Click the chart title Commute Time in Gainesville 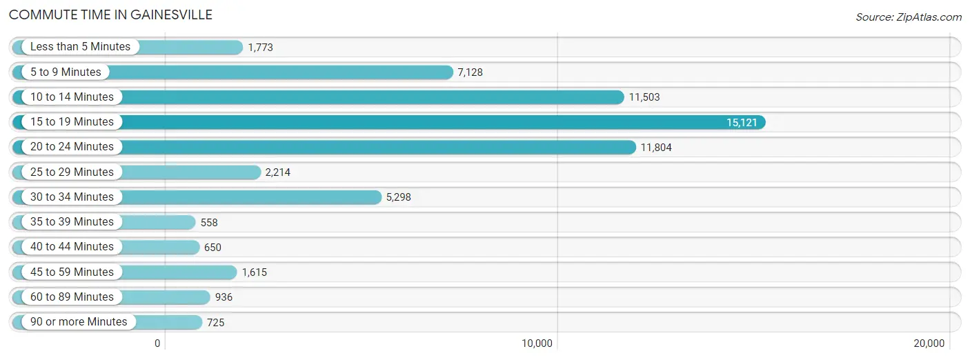[x=110, y=14]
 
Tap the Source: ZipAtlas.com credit [x=909, y=17]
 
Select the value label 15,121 [x=742, y=123]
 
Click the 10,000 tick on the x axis [x=537, y=343]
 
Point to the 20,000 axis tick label [x=929, y=343]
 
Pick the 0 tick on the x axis [x=157, y=343]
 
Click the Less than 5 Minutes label [x=80, y=47]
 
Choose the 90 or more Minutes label [x=79, y=321]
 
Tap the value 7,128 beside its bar [x=471, y=72]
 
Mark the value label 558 [x=209, y=222]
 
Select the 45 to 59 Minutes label [x=72, y=272]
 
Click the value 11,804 [x=656, y=148]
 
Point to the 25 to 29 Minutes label [x=72, y=172]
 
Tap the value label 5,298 [x=398, y=197]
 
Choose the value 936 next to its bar [x=224, y=297]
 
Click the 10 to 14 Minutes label [x=72, y=97]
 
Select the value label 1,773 [x=260, y=47]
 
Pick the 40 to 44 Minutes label [x=72, y=247]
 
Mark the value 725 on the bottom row [x=216, y=322]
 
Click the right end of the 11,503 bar [x=624, y=97]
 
